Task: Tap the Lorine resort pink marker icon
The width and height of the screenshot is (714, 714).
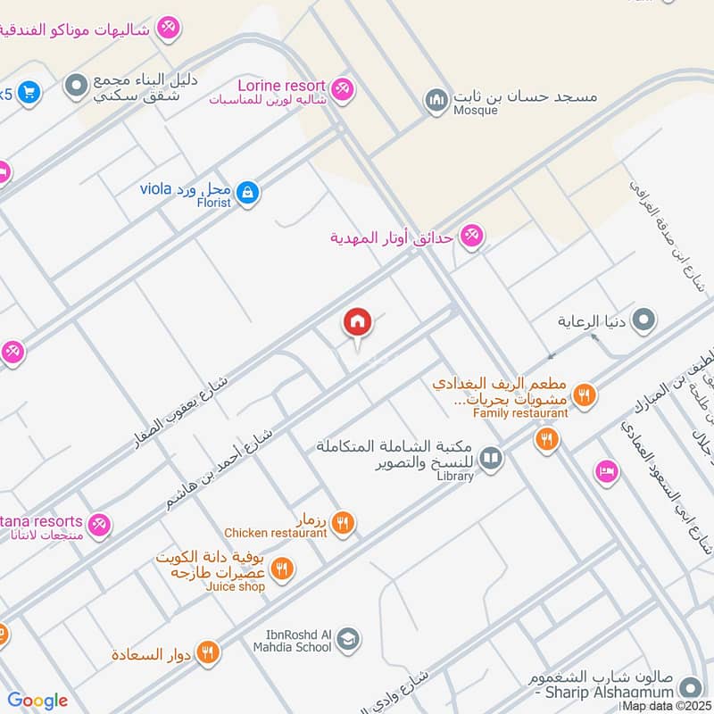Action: (342, 89)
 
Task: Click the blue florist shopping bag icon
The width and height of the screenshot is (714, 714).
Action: (249, 192)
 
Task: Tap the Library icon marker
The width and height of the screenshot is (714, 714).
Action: (490, 460)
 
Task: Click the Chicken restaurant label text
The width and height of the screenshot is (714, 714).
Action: (276, 533)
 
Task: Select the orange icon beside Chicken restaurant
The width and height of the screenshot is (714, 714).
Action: (344, 522)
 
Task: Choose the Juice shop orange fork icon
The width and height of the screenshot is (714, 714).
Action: (282, 568)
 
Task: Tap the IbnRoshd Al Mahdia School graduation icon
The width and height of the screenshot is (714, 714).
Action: (349, 638)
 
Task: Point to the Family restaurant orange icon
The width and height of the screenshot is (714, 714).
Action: (584, 394)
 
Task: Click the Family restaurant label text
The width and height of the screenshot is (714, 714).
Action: (520, 413)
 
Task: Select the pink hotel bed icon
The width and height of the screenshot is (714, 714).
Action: (606, 471)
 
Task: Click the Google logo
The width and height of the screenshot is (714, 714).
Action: (37, 701)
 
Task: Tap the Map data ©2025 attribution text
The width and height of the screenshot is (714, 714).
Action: (668, 706)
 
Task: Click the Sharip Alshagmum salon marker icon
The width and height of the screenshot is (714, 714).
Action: (689, 687)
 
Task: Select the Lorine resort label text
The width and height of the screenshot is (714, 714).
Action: (281, 85)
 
